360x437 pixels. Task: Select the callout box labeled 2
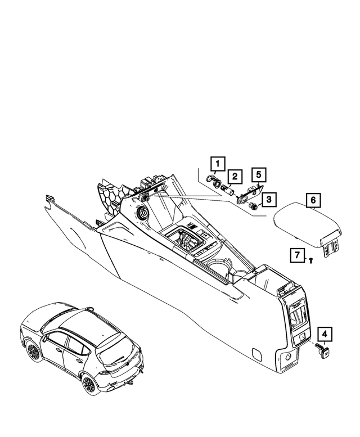click(x=235, y=177)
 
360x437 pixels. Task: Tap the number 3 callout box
click(x=268, y=199)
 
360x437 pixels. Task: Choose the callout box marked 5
click(x=258, y=174)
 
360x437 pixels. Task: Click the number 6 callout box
click(x=313, y=200)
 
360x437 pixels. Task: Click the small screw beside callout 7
click(x=310, y=259)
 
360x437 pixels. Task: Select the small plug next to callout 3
click(x=254, y=206)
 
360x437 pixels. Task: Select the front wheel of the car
click(x=32, y=352)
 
